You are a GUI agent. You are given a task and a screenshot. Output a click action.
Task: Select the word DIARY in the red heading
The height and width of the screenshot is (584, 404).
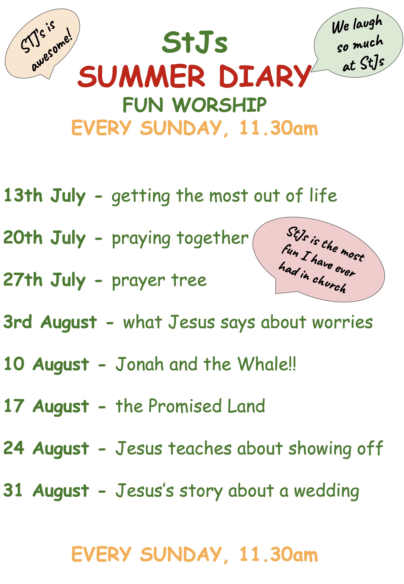pos(265,76)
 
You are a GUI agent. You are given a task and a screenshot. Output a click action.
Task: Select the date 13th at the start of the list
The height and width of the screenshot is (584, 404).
pos(23,196)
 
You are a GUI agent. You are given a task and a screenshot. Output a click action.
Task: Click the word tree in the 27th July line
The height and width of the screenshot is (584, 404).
pos(189,280)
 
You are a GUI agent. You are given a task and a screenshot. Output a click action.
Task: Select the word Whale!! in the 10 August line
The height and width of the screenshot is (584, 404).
pos(267,364)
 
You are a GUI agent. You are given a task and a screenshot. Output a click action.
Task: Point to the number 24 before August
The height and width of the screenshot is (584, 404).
pos(14,448)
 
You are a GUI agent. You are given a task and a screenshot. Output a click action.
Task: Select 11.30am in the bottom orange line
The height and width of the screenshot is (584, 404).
pos(278,554)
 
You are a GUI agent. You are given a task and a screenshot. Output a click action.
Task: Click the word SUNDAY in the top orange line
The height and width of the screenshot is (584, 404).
pos(181,128)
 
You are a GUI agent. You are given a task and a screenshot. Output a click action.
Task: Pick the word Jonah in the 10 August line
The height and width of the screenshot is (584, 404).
pos(140,364)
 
